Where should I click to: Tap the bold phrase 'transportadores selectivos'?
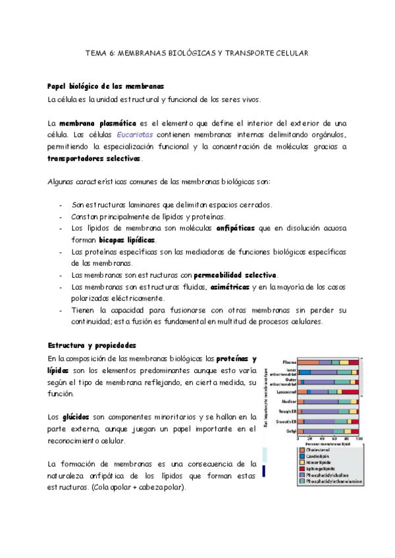[94, 159]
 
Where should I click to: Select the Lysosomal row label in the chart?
[286, 392]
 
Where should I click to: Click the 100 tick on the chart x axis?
[359, 439]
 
